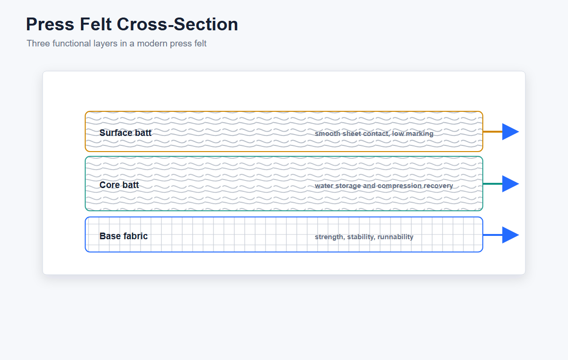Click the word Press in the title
(50, 24)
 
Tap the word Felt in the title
(96, 24)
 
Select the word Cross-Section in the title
(177, 24)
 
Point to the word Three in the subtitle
(38, 44)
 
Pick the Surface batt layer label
(125, 133)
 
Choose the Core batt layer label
(119, 185)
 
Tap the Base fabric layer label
(124, 236)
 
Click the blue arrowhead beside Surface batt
(510, 132)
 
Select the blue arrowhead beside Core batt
(510, 184)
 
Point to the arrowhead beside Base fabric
(510, 235)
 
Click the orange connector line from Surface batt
(493, 132)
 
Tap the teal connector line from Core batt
(493, 184)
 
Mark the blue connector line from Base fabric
(493, 235)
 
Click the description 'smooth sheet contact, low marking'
(374, 134)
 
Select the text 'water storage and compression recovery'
(384, 186)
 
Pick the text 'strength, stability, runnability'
(364, 237)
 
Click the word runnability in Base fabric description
(395, 237)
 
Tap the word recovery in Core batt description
(438, 186)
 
